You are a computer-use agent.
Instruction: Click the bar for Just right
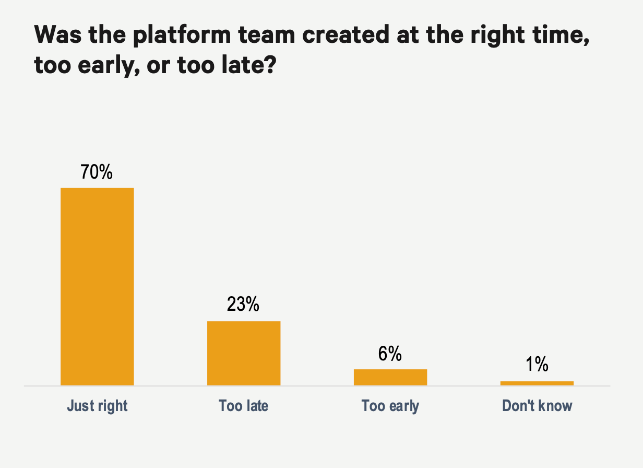point(97,286)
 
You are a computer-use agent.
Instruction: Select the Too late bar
point(244,353)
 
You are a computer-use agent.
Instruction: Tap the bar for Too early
point(390,377)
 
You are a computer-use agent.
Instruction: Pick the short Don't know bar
point(537,383)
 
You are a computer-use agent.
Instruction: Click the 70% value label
point(97,172)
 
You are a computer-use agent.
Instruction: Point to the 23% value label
point(243,305)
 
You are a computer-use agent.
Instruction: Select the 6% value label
point(390,354)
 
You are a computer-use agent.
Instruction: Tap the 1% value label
point(537,365)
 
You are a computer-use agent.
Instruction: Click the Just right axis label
point(97,406)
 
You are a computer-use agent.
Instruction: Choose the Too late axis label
point(244,406)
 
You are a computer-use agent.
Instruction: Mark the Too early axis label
point(390,406)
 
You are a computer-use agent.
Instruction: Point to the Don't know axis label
point(537,406)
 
